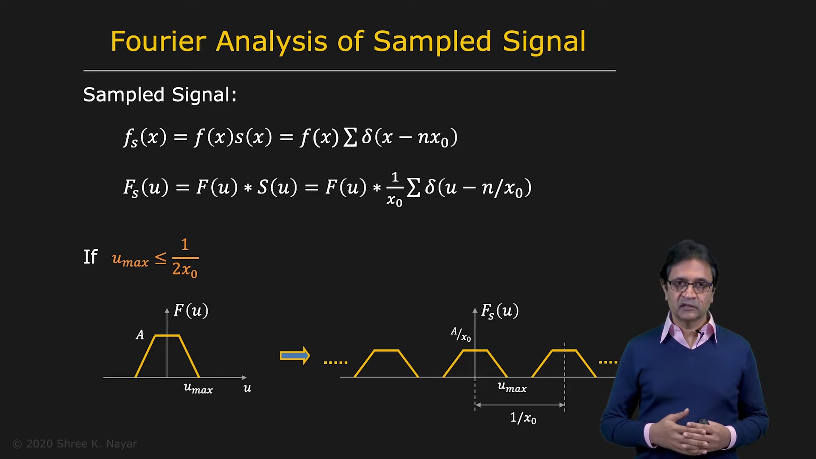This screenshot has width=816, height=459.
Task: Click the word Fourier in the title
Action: click(x=159, y=41)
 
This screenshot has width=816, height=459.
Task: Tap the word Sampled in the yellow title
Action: click(x=432, y=42)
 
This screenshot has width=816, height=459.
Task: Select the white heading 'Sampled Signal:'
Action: click(x=160, y=94)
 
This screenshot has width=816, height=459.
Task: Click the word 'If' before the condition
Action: click(x=91, y=257)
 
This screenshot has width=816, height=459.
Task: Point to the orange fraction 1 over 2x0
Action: click(x=185, y=258)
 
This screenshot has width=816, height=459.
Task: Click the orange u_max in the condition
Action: click(x=130, y=260)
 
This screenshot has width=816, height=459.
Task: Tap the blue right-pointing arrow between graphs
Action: click(x=295, y=356)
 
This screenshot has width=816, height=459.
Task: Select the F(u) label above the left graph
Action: click(x=191, y=311)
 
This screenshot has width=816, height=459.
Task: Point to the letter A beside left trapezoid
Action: click(x=140, y=335)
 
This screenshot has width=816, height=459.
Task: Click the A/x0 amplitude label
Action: click(x=461, y=334)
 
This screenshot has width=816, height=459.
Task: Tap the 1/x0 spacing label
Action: click(x=523, y=418)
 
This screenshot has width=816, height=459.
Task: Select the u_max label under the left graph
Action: click(x=198, y=388)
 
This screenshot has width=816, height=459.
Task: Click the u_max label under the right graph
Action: click(x=512, y=387)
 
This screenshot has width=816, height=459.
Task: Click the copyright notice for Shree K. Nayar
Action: click(x=75, y=444)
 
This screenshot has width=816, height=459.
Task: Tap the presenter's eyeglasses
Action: click(x=690, y=286)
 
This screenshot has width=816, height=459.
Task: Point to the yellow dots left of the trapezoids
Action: click(x=336, y=363)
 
